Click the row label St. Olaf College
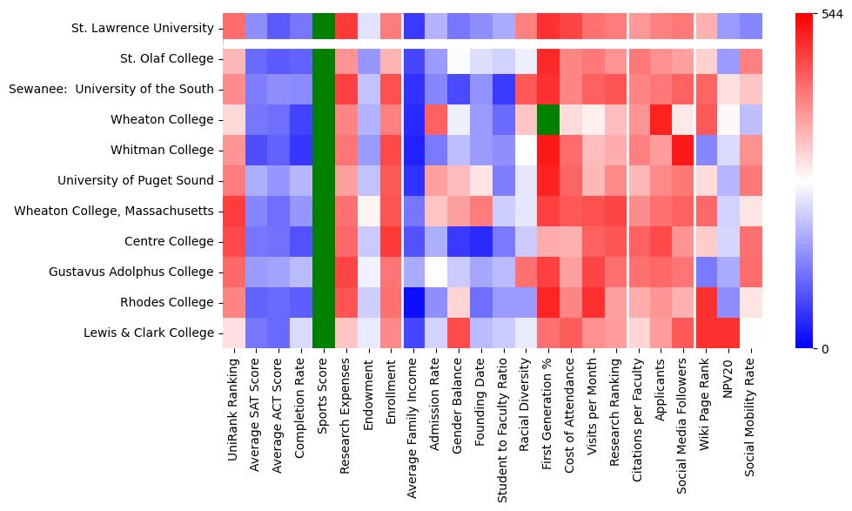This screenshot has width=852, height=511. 166,58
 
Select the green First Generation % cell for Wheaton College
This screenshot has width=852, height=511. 548,119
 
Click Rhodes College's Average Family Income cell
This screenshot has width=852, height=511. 413,302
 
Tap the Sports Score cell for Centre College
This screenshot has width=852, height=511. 323,241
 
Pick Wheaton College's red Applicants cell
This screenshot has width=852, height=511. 661,119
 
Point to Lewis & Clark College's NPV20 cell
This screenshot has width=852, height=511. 728,333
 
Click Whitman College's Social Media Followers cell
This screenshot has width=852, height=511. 684,150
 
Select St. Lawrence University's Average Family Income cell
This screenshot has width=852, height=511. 413,28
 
